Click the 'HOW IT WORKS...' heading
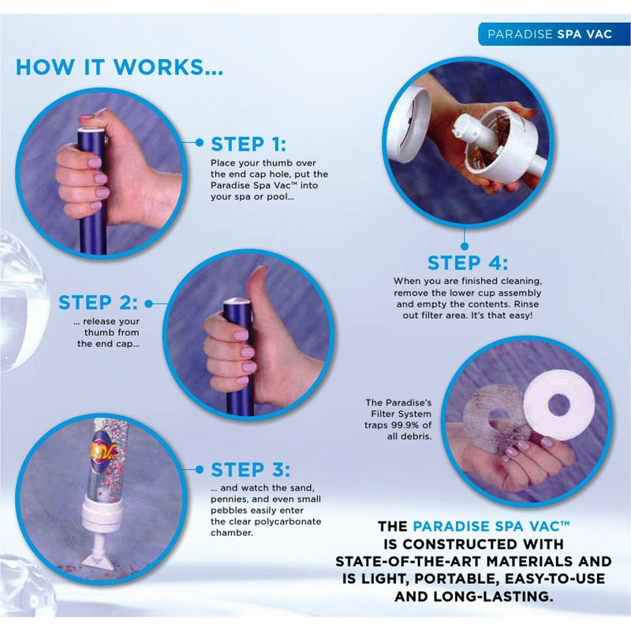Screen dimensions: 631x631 [x=119, y=67]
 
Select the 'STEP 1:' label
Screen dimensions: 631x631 [x=248, y=144]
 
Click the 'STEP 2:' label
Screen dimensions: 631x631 [x=98, y=303]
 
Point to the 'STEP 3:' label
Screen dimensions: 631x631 [x=250, y=469]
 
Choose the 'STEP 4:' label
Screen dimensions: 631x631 [x=467, y=263]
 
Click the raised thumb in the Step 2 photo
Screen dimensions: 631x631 [x=257, y=286]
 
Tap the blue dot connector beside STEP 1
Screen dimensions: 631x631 [x=200, y=143]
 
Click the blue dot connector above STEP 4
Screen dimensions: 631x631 [x=465, y=246]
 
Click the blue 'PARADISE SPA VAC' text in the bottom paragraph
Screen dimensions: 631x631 [x=491, y=526]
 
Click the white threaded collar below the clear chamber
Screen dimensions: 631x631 [x=102, y=514]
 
